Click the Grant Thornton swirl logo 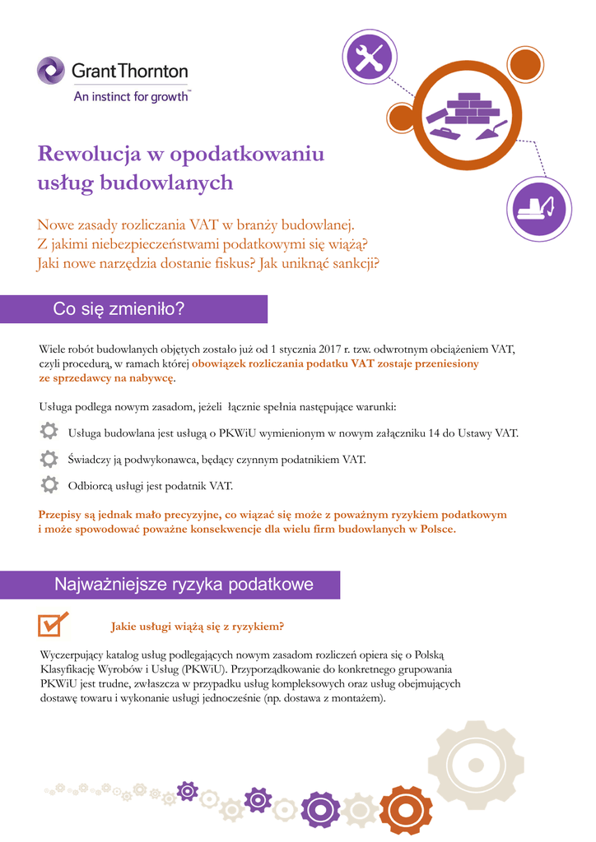(50, 70)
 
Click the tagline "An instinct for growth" (132, 96)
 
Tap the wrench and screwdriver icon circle (369, 57)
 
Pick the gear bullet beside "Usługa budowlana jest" (49, 432)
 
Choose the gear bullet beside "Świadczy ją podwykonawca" (49, 458)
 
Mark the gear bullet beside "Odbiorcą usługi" (49, 484)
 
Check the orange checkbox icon (53, 625)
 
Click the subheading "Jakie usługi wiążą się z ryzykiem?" (198, 627)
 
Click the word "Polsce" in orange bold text (432, 530)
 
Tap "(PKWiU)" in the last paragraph (203, 669)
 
